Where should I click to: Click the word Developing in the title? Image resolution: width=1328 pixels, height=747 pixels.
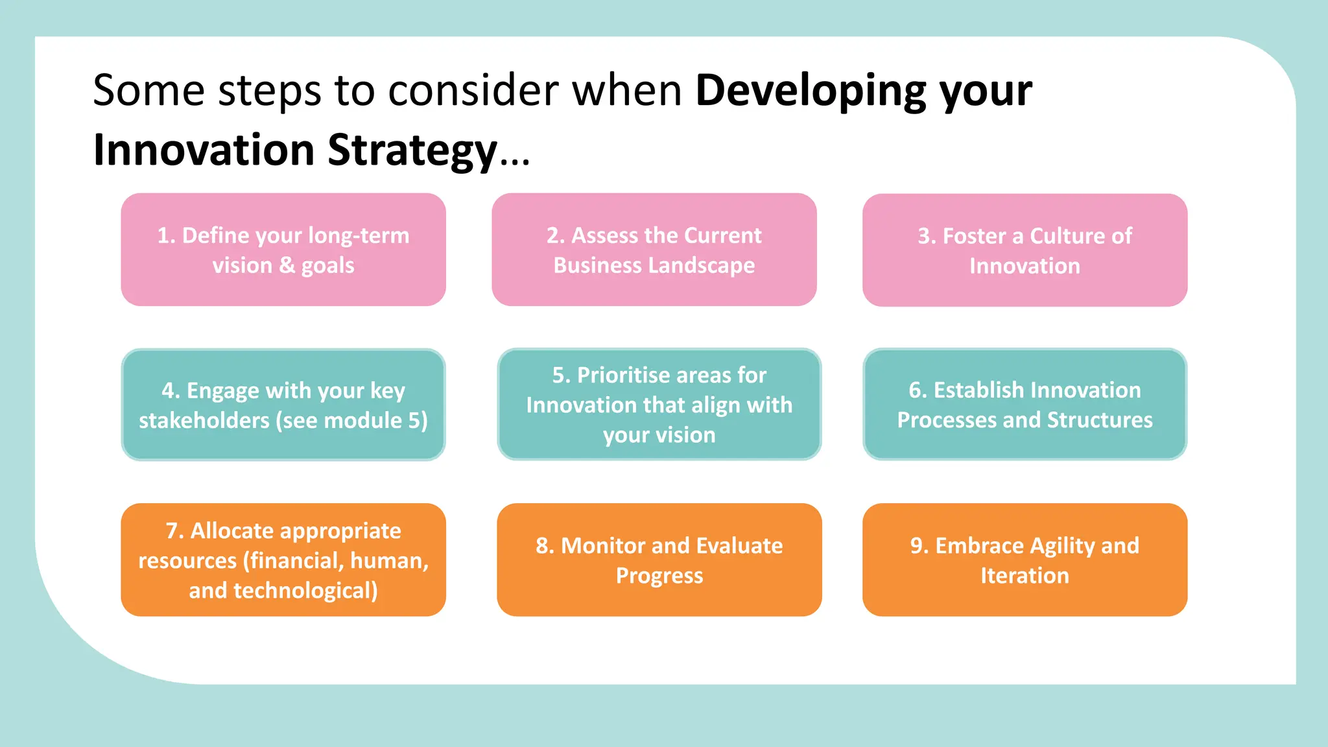tap(811, 91)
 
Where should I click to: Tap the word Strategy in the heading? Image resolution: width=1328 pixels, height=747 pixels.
tap(412, 151)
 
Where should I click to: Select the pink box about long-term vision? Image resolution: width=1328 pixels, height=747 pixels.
tap(283, 250)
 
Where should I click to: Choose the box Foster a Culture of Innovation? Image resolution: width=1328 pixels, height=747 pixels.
tap(1025, 250)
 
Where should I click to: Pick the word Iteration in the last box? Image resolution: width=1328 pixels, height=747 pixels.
tap(1025, 576)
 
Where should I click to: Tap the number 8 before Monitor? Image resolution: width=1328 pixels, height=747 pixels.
tap(543, 546)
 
